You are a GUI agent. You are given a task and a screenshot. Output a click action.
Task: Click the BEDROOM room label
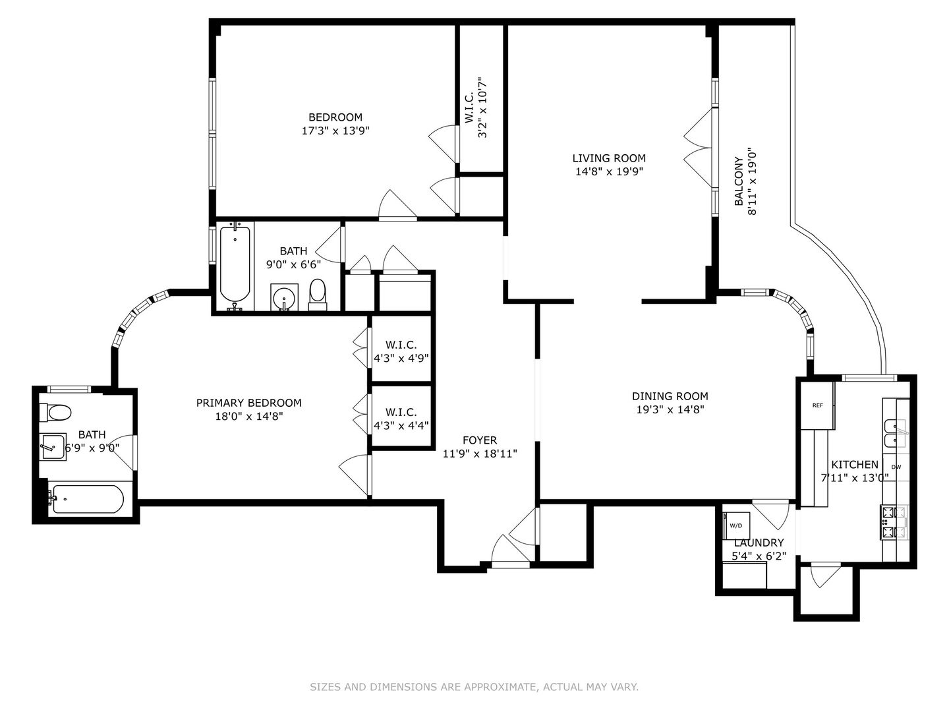(335, 117)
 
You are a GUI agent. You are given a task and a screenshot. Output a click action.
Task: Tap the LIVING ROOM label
(608, 158)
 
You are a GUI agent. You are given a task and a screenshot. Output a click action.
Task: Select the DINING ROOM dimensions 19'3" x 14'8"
(670, 409)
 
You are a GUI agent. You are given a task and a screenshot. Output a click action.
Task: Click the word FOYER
(480, 440)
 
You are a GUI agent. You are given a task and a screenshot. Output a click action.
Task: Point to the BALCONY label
(739, 181)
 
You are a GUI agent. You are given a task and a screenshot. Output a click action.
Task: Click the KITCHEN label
(854, 464)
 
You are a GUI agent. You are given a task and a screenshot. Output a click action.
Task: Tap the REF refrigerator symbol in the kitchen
(817, 405)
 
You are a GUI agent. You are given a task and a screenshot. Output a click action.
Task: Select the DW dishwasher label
(896, 467)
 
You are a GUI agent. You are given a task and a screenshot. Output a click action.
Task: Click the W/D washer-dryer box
(736, 525)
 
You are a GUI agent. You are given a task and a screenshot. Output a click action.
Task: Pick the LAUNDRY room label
(759, 543)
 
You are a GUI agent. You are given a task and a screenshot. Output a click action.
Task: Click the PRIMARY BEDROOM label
(248, 403)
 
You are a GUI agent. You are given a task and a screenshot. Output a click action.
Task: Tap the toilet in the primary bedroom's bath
(55, 413)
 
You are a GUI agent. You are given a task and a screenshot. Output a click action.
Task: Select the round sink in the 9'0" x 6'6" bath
(285, 297)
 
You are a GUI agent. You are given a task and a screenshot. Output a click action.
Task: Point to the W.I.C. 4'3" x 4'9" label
(401, 351)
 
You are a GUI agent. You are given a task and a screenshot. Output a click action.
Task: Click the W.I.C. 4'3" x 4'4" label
(401, 419)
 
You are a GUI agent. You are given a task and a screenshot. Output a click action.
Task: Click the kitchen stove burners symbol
(894, 522)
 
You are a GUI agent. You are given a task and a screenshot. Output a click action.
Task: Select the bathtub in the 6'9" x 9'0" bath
(88, 499)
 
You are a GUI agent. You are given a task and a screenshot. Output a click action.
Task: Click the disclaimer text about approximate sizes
(474, 687)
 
